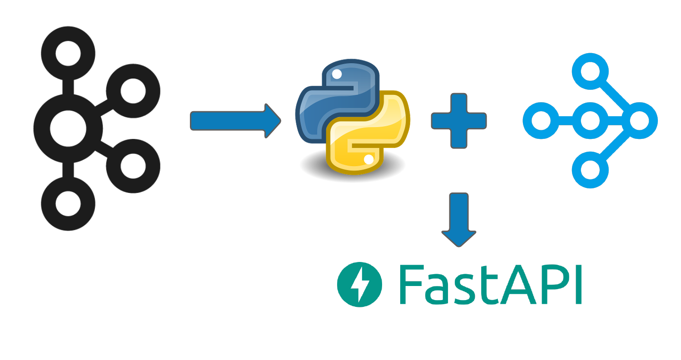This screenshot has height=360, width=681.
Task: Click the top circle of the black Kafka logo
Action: point(68,54)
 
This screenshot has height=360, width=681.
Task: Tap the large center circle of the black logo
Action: point(68,128)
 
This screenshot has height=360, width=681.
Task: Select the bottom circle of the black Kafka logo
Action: point(68,203)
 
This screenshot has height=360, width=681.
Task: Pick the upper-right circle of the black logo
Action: point(133,91)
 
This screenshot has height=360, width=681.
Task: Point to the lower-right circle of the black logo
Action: point(133,166)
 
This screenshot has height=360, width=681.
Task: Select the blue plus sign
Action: point(459,121)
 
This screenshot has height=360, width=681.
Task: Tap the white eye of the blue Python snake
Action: point(337,73)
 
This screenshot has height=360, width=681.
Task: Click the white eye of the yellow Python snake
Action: point(369,159)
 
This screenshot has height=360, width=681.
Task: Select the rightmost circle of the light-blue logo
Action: point(639,121)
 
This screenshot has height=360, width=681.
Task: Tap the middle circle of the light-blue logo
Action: point(590,121)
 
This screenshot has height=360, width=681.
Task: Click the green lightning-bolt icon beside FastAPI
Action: point(359,284)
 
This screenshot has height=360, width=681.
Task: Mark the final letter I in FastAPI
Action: point(578,284)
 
